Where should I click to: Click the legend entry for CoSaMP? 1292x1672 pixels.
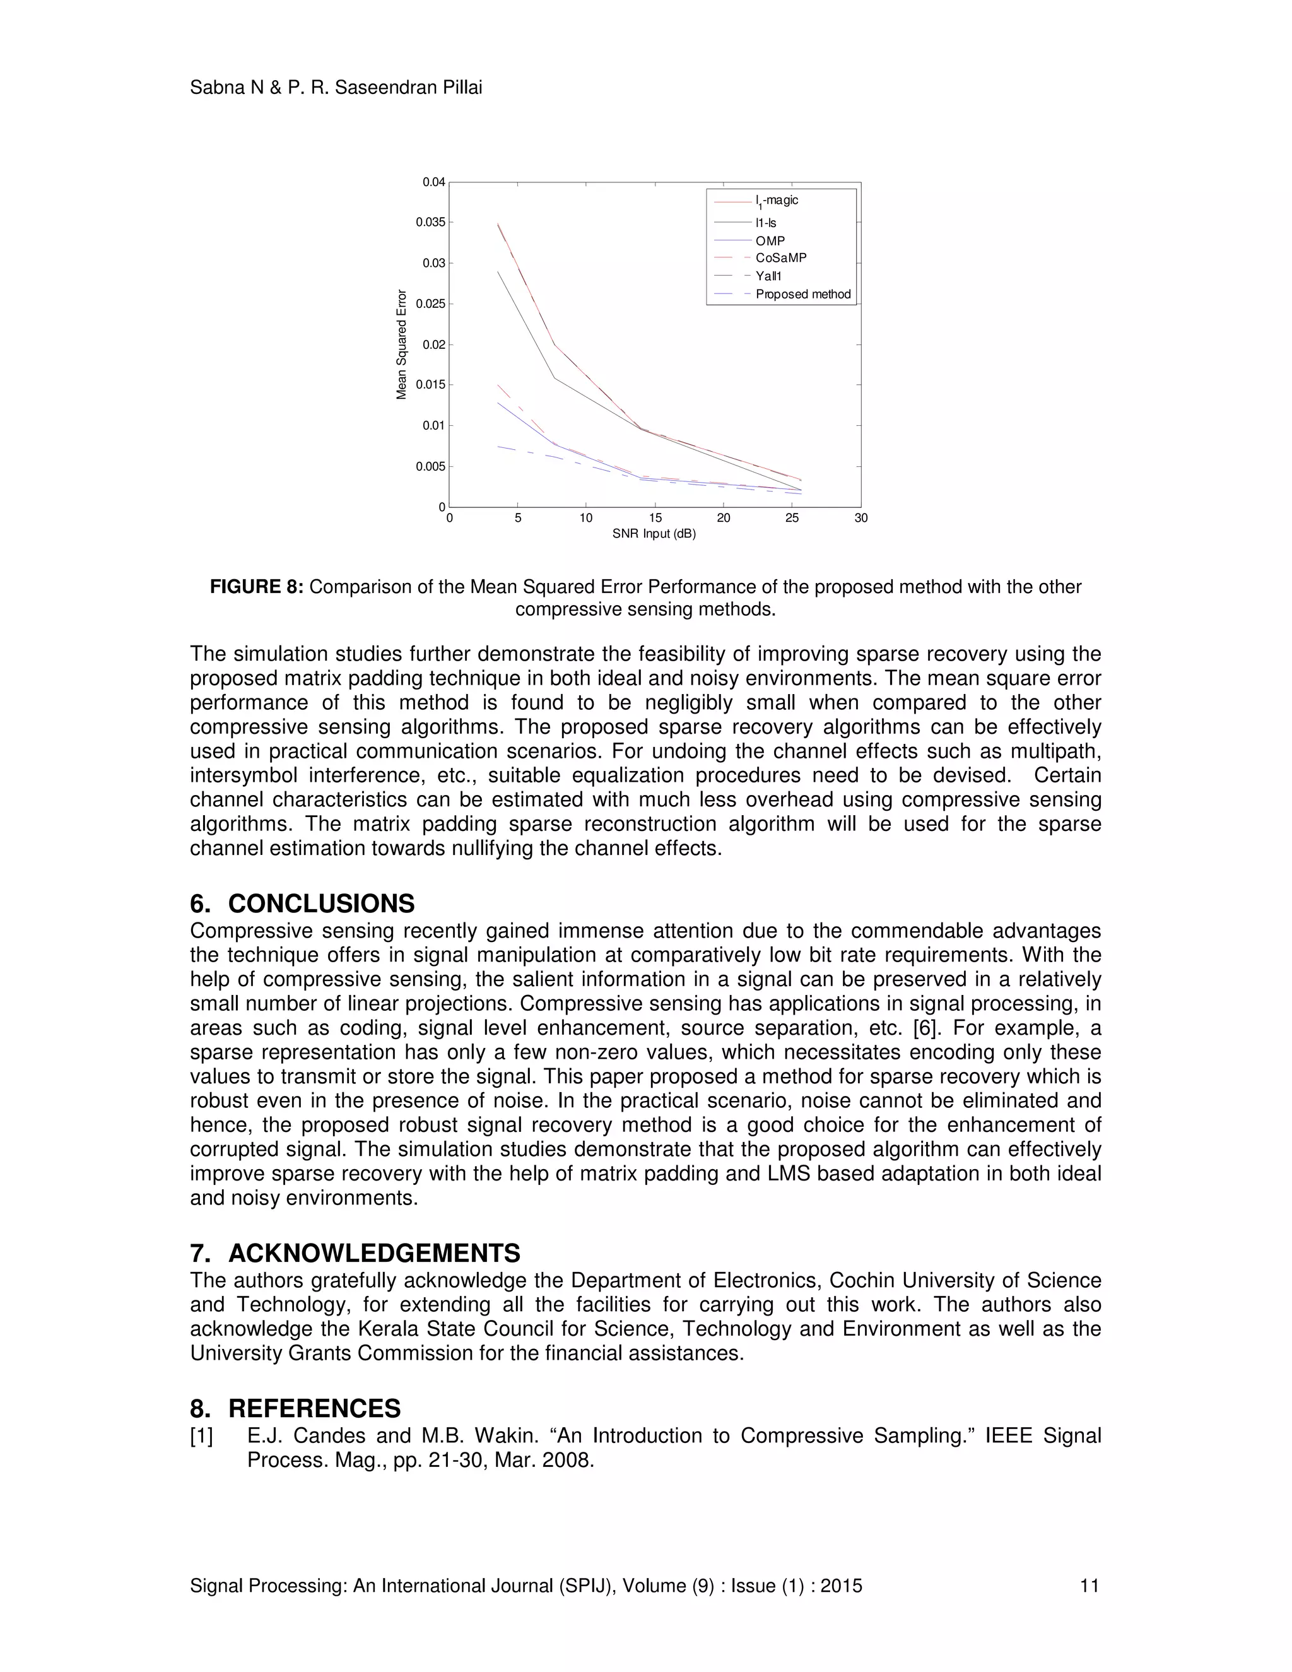[x=781, y=258]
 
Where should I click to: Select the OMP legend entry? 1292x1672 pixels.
[x=770, y=241]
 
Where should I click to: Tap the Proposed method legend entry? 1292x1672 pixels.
[x=803, y=294]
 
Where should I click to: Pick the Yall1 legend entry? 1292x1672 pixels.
[x=768, y=276]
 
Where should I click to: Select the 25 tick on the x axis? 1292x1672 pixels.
[x=792, y=518]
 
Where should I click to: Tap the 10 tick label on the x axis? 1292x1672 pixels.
[x=586, y=518]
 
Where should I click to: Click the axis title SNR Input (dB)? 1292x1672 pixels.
[x=654, y=534]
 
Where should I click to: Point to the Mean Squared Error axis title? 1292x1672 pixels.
[x=401, y=344]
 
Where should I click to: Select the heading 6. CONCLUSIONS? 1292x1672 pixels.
[x=302, y=904]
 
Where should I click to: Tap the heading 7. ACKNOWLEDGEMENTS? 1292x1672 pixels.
[x=355, y=1253]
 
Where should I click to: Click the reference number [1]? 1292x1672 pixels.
[x=202, y=1436]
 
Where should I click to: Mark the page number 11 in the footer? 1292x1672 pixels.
[x=1089, y=1586]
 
